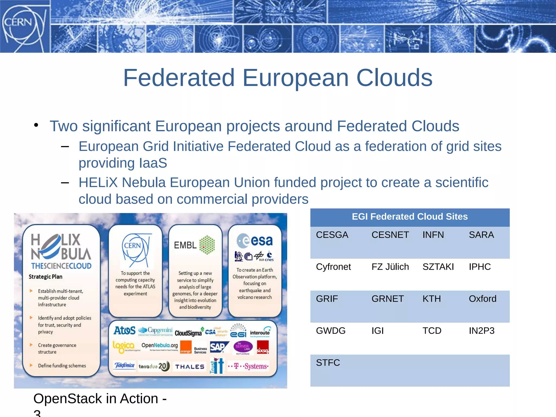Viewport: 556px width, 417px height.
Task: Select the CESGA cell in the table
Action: [x=332, y=235]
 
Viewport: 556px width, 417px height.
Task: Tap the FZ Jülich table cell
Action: [x=390, y=267]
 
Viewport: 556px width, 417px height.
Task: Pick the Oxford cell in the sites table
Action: [x=482, y=299]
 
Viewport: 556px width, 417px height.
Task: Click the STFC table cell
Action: [x=328, y=363]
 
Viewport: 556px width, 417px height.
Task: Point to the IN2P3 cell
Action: [x=481, y=331]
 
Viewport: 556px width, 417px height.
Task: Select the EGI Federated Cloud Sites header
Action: [x=409, y=217]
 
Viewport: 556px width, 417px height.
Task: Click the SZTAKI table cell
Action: [x=438, y=267]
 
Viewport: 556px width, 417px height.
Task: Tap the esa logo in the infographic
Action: [x=255, y=241]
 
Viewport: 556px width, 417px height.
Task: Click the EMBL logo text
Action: [x=185, y=245]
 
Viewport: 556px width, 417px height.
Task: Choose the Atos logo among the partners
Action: [x=125, y=330]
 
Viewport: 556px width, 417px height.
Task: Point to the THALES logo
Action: [x=190, y=367]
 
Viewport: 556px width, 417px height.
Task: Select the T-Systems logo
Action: [x=248, y=367]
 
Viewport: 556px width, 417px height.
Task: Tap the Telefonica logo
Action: [x=124, y=365]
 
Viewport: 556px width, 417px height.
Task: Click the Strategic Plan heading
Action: [x=45, y=277]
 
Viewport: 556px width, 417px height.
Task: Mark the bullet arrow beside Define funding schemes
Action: [x=31, y=365]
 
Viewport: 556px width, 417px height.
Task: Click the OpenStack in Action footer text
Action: [x=100, y=399]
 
